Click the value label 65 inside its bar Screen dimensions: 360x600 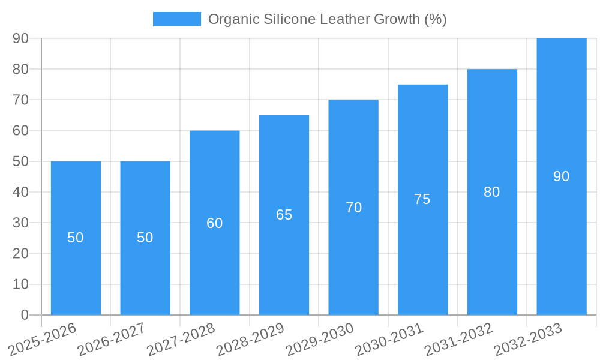pos(284,215)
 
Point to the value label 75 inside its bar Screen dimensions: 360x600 pos(422,199)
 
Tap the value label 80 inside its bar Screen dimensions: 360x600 pos(491,192)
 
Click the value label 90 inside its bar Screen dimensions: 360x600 pos(561,176)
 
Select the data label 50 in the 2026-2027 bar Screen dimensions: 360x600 pos(145,238)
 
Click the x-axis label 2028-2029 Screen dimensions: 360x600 pos(250,338)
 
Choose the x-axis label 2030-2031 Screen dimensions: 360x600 pos(389,338)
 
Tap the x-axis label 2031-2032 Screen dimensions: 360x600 pos(458,338)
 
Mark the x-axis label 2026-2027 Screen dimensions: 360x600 pos(112,338)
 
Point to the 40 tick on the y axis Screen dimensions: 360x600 pos(20,192)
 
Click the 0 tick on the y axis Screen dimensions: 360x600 pos(25,315)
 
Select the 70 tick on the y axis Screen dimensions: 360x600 pos(20,100)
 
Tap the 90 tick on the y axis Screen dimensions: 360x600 pos(20,38)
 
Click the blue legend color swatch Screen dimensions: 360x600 pos(176,19)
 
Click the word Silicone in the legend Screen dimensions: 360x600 pos(290,19)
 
